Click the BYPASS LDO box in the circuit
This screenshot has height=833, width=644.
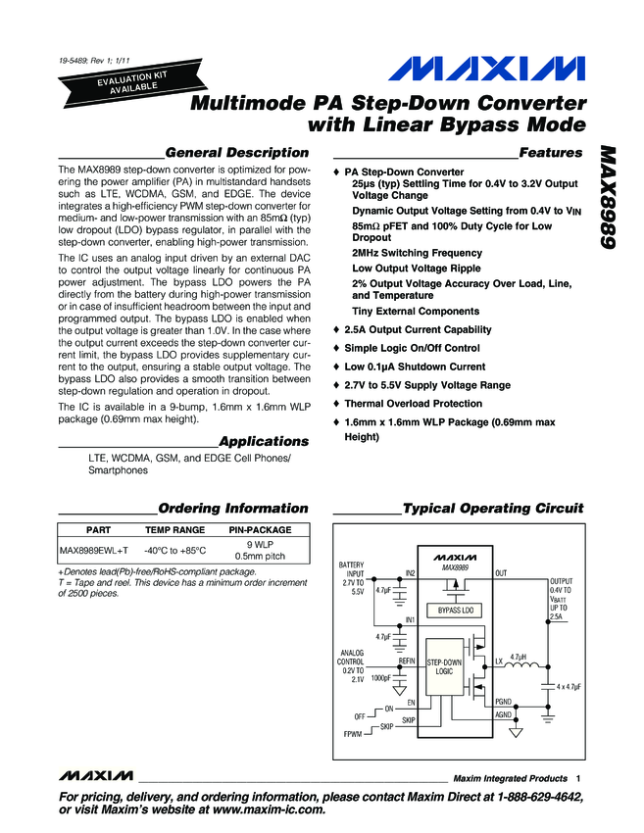pos(455,611)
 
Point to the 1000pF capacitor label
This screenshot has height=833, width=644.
pos(381,677)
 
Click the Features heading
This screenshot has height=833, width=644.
pos(550,153)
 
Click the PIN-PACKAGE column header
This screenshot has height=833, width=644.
pos(256,529)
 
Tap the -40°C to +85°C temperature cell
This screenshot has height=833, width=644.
pos(175,550)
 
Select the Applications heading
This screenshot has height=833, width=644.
pos(263,441)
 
